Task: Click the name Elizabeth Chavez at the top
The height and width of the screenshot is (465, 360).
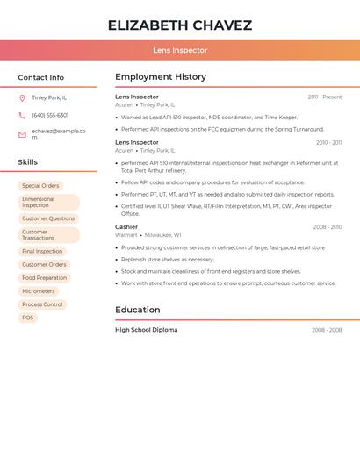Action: (x=180, y=25)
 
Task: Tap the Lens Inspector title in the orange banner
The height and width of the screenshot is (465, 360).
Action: (x=180, y=51)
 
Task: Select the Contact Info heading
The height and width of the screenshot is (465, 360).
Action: (x=41, y=77)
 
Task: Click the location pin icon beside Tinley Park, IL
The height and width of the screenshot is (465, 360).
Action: (x=22, y=97)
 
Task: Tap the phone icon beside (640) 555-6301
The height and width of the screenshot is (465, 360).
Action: (x=22, y=115)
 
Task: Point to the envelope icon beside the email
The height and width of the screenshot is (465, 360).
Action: (x=22, y=134)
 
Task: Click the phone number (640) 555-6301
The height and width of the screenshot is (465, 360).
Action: (x=50, y=115)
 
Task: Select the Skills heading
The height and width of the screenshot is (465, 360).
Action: (x=28, y=162)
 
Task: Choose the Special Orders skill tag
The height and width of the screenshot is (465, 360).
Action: (x=40, y=186)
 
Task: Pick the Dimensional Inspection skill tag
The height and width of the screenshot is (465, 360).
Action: (x=47, y=203)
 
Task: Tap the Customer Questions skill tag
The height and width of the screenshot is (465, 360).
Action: (x=48, y=218)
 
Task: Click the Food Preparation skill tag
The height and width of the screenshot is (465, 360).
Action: (x=44, y=278)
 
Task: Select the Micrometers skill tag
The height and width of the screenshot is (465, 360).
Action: (x=39, y=291)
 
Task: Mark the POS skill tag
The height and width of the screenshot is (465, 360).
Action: (x=28, y=318)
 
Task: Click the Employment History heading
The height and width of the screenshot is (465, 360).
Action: (x=161, y=77)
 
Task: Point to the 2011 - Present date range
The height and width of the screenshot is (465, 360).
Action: (x=325, y=97)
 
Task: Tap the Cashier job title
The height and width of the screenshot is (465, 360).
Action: (x=126, y=227)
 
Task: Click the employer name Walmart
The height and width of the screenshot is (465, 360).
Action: (x=126, y=235)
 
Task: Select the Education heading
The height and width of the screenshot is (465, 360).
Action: (x=138, y=310)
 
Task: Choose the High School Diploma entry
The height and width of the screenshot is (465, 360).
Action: (x=147, y=330)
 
